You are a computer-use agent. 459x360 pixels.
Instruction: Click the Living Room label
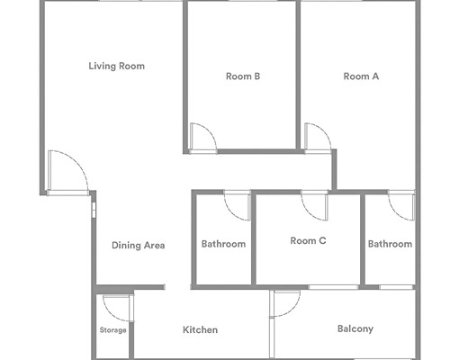[x=116, y=66]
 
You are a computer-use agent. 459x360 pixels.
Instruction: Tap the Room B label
[x=243, y=76]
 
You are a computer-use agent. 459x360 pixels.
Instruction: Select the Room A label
[x=361, y=76]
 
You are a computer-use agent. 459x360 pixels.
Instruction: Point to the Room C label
[x=308, y=240]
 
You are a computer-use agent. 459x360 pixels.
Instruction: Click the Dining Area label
[x=139, y=246]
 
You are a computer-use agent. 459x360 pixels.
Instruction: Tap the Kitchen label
[x=200, y=329]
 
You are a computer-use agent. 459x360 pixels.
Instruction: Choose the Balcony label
[x=355, y=328]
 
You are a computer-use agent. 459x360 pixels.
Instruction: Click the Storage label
[x=112, y=330]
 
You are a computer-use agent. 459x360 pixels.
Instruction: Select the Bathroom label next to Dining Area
[x=223, y=244]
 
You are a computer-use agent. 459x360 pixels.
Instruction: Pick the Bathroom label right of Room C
[x=390, y=244]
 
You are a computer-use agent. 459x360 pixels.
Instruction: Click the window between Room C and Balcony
[x=334, y=287]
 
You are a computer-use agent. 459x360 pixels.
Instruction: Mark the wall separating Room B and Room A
[x=298, y=75]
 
